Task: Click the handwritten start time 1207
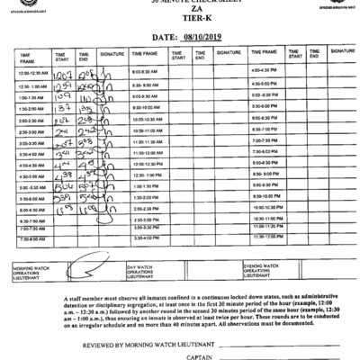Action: coord(62,70)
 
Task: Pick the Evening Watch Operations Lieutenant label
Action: coord(262,268)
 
